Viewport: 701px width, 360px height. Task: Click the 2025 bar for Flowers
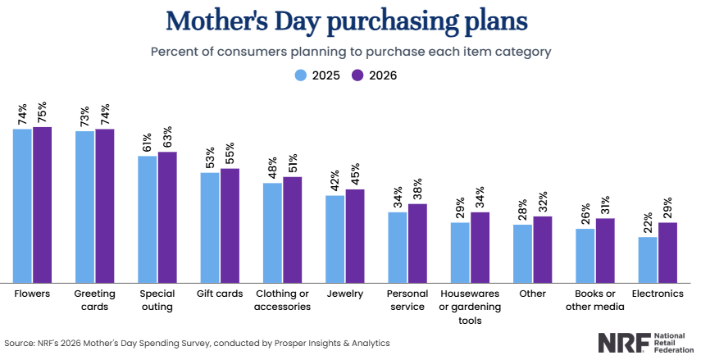pyautogui.click(x=22, y=206)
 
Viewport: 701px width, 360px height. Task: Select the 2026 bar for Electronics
pyautogui.click(x=667, y=253)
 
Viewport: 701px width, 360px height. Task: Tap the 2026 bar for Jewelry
pyautogui.click(x=355, y=236)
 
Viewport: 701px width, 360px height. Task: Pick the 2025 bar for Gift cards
pyautogui.click(x=210, y=228)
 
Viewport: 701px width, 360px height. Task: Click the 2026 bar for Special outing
pyautogui.click(x=167, y=217)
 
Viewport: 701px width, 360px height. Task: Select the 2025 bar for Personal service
pyautogui.click(x=398, y=248)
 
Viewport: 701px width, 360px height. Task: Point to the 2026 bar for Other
pyautogui.click(x=542, y=249)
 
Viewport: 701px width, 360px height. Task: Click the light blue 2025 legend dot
pyautogui.click(x=301, y=75)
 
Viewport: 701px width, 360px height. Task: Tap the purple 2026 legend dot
pyautogui.click(x=357, y=75)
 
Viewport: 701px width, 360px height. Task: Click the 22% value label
pyautogui.click(x=649, y=222)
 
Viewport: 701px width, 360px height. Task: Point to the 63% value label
pyautogui.click(x=167, y=137)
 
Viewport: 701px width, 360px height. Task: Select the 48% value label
pyautogui.click(x=272, y=168)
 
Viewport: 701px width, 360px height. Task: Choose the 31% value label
pyautogui.click(x=605, y=206)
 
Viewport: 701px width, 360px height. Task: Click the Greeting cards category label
pyautogui.click(x=95, y=300)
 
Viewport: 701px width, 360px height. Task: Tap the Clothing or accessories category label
pyautogui.click(x=283, y=300)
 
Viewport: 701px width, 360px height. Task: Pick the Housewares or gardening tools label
pyautogui.click(x=470, y=307)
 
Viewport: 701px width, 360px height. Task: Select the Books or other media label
pyautogui.click(x=595, y=300)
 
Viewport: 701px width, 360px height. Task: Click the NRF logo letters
pyautogui.click(x=624, y=343)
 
